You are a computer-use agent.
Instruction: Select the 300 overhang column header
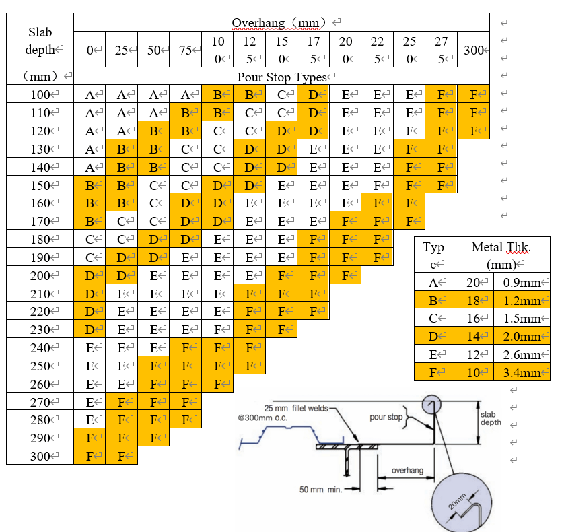[x=473, y=50]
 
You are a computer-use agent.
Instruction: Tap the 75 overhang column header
[x=186, y=50]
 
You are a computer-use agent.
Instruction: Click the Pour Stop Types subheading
[x=281, y=77]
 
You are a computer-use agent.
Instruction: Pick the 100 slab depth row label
[x=40, y=95]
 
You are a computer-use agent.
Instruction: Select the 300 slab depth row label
[x=40, y=456]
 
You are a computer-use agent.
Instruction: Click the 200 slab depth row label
[x=40, y=275]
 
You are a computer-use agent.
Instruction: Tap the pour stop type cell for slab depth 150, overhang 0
[x=90, y=185]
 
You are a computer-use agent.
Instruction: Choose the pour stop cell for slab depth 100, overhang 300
[x=473, y=95]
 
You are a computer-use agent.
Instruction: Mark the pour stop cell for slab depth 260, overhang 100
[x=217, y=384]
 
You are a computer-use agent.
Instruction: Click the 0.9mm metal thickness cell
[x=522, y=284]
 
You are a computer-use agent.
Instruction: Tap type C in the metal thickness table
[x=433, y=319]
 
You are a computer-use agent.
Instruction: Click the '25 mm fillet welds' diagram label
[x=295, y=409]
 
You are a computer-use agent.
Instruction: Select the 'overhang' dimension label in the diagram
[x=408, y=471]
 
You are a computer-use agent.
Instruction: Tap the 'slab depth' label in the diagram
[x=491, y=418]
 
